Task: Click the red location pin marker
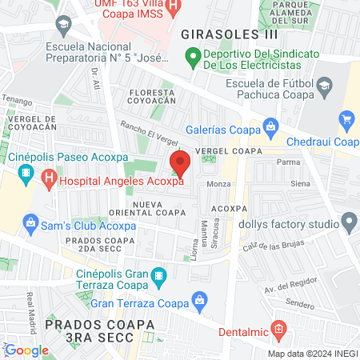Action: pyautogui.click(x=180, y=164)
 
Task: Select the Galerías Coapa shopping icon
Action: pyautogui.click(x=270, y=127)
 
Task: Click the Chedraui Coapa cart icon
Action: pyautogui.click(x=347, y=122)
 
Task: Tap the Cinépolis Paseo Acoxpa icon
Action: pyautogui.click(x=26, y=172)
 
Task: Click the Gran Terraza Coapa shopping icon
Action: pyautogui.click(x=199, y=302)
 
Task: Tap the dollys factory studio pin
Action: pyautogui.click(x=348, y=221)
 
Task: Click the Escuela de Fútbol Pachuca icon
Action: pyautogui.click(x=324, y=86)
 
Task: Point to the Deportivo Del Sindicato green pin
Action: pyautogui.click(x=192, y=58)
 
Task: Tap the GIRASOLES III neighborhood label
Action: pyautogui.click(x=229, y=34)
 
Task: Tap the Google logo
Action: pyautogui.click(x=26, y=350)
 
